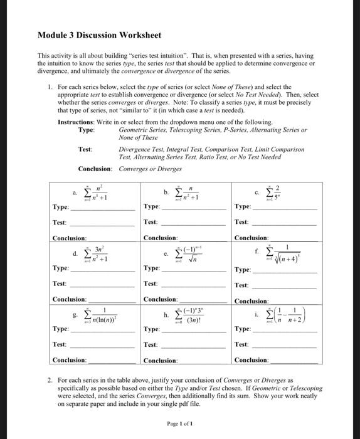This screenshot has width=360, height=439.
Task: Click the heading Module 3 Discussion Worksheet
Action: [x=99, y=35]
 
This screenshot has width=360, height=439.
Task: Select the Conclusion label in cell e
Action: [x=160, y=300]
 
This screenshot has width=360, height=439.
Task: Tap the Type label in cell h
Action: [x=152, y=329]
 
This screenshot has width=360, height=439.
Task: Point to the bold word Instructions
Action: [x=79, y=122]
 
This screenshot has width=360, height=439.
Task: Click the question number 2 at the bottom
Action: [x=50, y=381]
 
